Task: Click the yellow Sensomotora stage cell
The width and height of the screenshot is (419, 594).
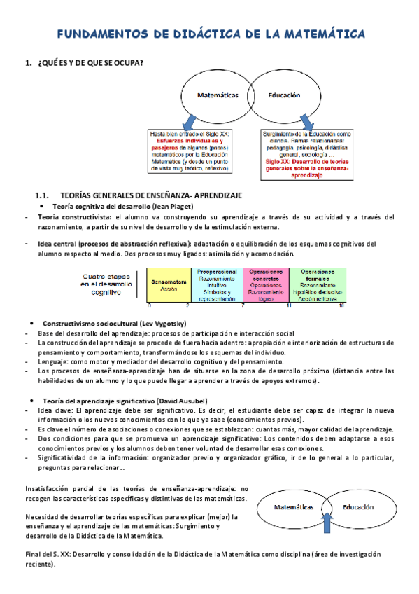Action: tap(168, 284)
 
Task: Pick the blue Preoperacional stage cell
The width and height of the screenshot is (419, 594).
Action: tap(217, 284)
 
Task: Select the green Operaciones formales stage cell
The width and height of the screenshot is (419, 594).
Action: tap(316, 284)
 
